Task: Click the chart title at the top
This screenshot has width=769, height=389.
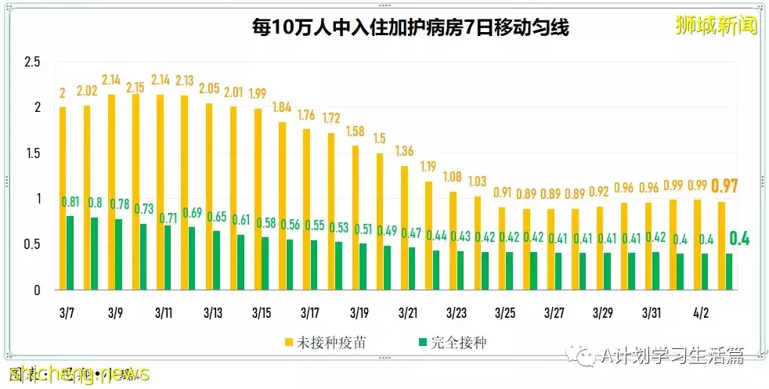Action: pos(410,28)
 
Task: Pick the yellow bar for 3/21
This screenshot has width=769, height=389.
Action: pos(404,228)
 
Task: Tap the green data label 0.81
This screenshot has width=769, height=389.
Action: pos(71,202)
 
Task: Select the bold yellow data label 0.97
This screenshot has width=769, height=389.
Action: pos(724,186)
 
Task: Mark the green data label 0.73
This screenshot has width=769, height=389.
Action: pos(143,209)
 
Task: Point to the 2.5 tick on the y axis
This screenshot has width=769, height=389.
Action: pos(32,62)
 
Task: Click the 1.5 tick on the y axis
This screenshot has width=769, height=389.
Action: pos(32,153)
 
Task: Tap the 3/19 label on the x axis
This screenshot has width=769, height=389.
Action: pos(359,313)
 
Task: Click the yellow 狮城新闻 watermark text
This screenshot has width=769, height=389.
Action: pos(716,26)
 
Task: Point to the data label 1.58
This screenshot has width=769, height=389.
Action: pos(356,130)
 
